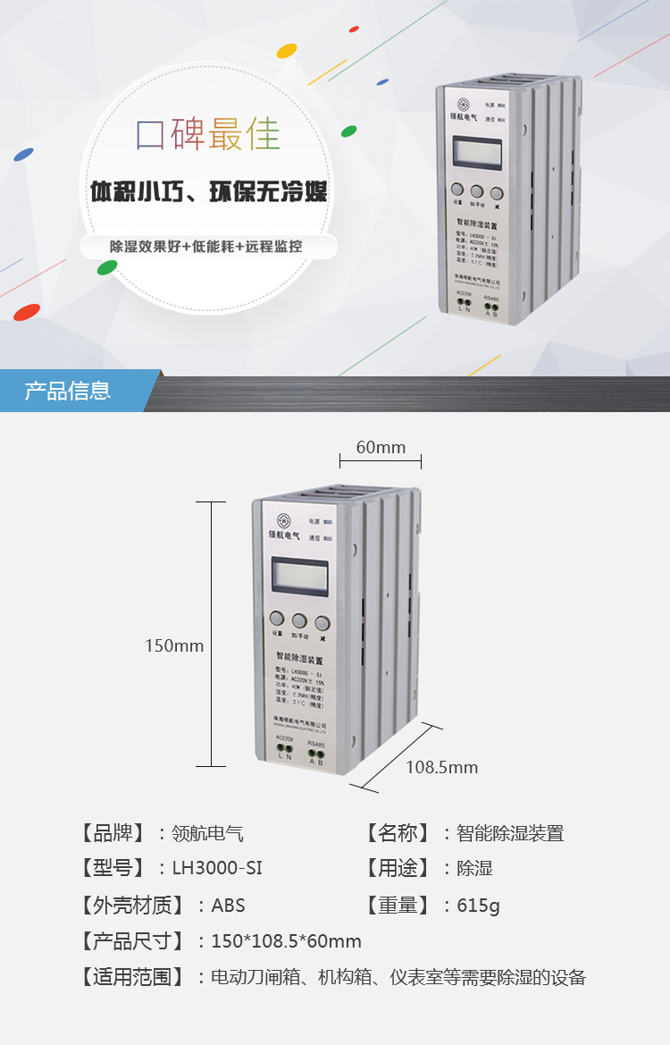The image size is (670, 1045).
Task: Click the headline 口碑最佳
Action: point(208,134)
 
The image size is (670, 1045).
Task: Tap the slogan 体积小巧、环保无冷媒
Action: point(209,192)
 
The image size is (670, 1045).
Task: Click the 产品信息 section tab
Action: point(69,391)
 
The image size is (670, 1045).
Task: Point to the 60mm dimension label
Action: point(381,447)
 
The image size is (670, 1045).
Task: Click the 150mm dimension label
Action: point(174,645)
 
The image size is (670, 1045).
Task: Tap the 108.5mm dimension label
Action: point(441,767)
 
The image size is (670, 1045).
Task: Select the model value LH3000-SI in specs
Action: point(217,868)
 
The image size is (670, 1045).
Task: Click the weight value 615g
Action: point(478,906)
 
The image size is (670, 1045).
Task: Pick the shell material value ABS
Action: point(228,906)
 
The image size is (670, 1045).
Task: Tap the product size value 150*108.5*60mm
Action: point(286,941)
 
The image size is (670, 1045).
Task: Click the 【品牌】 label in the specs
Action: point(112,833)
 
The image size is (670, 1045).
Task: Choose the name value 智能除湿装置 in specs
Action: point(510,833)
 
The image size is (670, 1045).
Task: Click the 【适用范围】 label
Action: point(131,977)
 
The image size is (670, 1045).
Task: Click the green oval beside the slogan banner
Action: point(108,266)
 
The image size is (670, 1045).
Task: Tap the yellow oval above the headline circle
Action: point(287,51)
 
